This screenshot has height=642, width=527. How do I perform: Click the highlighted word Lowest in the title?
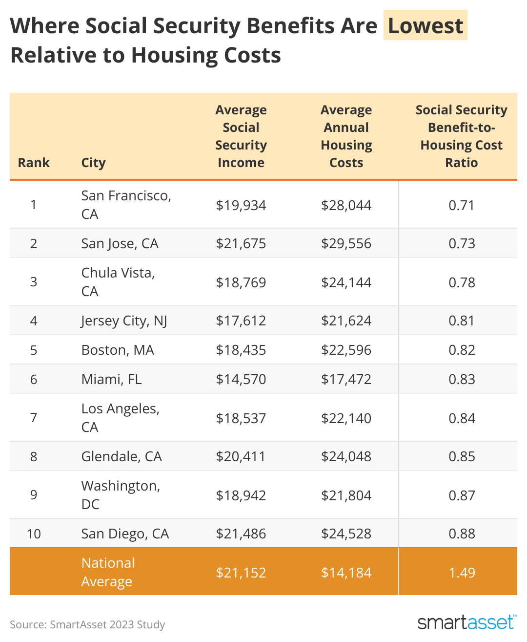(x=425, y=25)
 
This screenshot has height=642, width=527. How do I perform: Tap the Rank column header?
(x=34, y=163)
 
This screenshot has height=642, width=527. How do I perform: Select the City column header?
(x=93, y=163)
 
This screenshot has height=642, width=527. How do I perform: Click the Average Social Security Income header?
(x=241, y=136)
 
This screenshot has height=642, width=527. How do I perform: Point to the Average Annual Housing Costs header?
(x=346, y=136)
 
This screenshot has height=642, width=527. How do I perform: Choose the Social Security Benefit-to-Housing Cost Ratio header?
(x=461, y=136)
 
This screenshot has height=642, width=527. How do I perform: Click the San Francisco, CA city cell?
(x=126, y=205)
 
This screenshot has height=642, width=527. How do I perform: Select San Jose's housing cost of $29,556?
(x=346, y=243)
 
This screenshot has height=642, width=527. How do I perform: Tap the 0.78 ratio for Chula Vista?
(x=462, y=282)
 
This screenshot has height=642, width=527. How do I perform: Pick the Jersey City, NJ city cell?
(x=124, y=321)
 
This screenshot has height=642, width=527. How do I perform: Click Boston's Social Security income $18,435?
(x=241, y=350)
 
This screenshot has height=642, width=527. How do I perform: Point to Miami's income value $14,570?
(x=241, y=379)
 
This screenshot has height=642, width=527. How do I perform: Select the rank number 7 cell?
(x=34, y=418)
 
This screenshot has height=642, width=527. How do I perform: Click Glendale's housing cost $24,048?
(x=346, y=456)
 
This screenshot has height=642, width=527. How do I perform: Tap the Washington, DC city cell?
(x=121, y=495)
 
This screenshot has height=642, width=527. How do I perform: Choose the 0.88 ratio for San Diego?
(x=462, y=534)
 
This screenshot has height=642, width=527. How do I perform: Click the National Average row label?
(x=108, y=572)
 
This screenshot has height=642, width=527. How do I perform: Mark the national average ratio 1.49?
(x=462, y=573)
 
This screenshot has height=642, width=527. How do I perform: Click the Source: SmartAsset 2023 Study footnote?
(x=87, y=624)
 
